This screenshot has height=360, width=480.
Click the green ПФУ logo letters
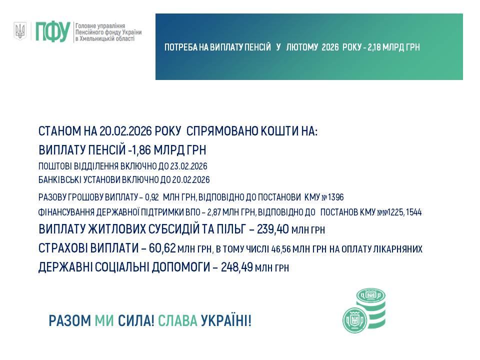(x=52, y=32)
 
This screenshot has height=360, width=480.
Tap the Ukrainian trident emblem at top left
(x=20, y=31)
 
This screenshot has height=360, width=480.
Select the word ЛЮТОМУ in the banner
(x=302, y=47)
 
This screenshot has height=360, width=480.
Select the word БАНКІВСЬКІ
(x=62, y=179)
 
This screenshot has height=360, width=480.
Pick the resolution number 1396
(x=334, y=197)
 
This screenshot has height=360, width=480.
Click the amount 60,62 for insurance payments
(x=164, y=248)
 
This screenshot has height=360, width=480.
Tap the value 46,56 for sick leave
(x=280, y=249)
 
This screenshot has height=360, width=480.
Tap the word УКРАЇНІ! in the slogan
(x=226, y=320)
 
